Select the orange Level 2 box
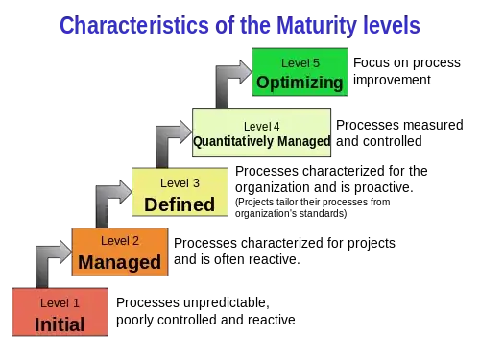tap(120, 252)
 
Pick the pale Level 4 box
tap(262, 132)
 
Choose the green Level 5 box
tap(300, 73)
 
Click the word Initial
tap(60, 324)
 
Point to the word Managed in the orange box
tap(120, 262)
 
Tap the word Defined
tap(180, 204)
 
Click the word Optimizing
tap(300, 83)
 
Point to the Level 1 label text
tap(60, 303)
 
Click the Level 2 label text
tap(120, 241)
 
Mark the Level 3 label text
tap(180, 182)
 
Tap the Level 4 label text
tap(262, 126)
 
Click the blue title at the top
tap(240, 26)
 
